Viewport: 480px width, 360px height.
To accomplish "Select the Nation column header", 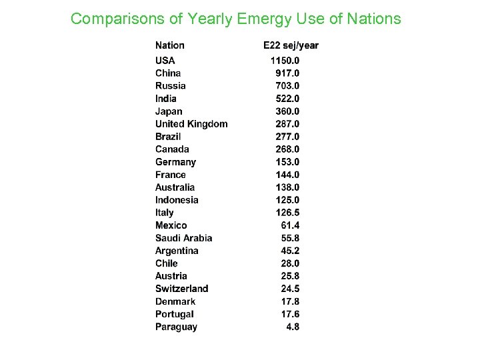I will [170, 45].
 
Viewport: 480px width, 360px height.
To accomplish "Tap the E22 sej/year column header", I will [291, 45].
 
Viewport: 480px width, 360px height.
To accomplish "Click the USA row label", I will [165, 61].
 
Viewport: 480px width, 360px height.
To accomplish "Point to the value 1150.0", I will [285, 61].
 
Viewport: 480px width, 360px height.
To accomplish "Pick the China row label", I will [168, 73].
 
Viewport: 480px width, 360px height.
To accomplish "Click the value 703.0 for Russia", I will [287, 86].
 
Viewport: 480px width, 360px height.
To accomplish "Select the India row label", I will [166, 99].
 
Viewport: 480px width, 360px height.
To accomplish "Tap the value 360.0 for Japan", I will [287, 111].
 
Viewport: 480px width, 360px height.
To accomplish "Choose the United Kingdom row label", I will [191, 124].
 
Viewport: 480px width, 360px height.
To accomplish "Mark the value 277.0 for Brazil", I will [287, 137].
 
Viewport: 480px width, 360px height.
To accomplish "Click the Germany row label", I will [175, 162].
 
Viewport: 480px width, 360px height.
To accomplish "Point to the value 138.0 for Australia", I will [287, 187].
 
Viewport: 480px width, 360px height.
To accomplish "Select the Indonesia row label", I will [177, 200].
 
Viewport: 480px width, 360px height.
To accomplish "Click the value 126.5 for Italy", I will [287, 213].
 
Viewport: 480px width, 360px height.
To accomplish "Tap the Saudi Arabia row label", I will [183, 238].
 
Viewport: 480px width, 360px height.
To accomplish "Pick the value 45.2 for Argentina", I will [290, 251].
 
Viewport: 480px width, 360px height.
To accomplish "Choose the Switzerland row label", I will [181, 289].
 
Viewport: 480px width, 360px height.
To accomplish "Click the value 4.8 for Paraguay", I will [293, 327].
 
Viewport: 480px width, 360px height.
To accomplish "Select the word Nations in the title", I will [374, 19].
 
